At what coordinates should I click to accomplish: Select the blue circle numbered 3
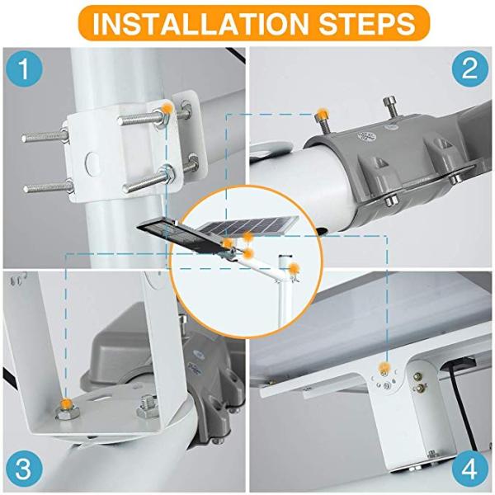pos(26,469)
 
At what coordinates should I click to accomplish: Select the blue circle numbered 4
pos(469,469)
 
